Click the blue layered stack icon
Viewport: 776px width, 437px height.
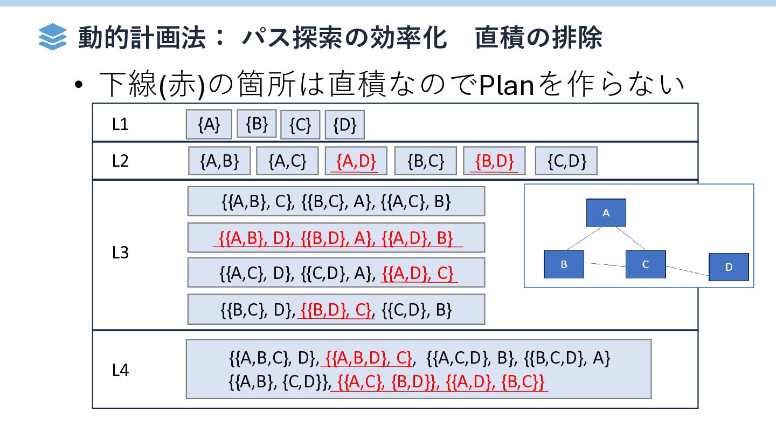[x=52, y=37]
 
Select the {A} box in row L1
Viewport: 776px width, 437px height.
[x=209, y=125]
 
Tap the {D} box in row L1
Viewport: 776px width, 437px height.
[x=345, y=125]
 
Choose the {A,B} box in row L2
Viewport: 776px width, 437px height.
[x=219, y=161]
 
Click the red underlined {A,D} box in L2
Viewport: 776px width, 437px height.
[x=356, y=161]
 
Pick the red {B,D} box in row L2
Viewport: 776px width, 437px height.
[x=494, y=161]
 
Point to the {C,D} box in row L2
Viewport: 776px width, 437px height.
[x=566, y=161]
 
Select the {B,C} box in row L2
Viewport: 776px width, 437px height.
[x=426, y=161]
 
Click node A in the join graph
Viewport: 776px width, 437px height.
[x=606, y=213]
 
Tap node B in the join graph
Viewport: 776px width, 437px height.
[x=564, y=264]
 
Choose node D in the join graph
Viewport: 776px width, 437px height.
[x=729, y=267]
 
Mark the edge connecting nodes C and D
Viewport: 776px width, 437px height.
[x=687, y=271]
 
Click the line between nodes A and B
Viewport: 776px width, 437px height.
[x=584, y=238]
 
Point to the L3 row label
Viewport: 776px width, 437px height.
[x=120, y=253]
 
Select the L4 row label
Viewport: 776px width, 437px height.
[x=120, y=370]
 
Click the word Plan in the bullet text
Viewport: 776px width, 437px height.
[x=506, y=85]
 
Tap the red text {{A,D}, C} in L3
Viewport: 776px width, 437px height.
[x=418, y=274]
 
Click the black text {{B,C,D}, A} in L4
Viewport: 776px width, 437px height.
[x=567, y=358]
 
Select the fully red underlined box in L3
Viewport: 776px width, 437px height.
[x=336, y=237]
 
